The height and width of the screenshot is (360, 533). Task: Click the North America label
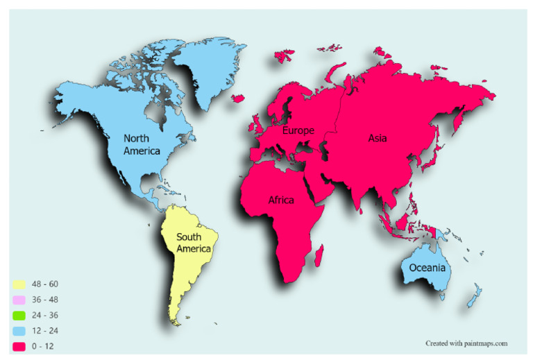coord(142,144)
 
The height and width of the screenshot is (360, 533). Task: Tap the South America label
coord(193,243)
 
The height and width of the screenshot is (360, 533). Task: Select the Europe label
coord(298,130)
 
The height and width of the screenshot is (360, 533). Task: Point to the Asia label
coord(377,138)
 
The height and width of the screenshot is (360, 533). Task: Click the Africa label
coord(281,200)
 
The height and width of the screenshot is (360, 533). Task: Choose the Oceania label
coord(428,268)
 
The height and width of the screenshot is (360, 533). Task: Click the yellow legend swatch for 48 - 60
coord(19,284)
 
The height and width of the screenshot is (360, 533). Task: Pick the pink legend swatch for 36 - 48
coord(19,300)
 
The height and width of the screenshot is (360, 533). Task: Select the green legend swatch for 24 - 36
coord(19,315)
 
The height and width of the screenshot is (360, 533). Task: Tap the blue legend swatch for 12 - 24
coord(19,330)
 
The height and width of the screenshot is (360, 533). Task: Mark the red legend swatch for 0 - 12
coord(19,345)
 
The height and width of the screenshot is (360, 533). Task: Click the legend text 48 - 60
coord(46,284)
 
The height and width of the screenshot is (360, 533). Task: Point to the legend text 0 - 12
coord(44,345)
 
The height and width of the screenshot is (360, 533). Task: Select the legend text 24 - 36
coord(46,315)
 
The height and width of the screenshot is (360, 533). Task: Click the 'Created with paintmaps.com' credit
coord(466,343)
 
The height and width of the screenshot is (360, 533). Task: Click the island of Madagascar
coord(319,259)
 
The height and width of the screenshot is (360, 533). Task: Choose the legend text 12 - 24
coord(46,330)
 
